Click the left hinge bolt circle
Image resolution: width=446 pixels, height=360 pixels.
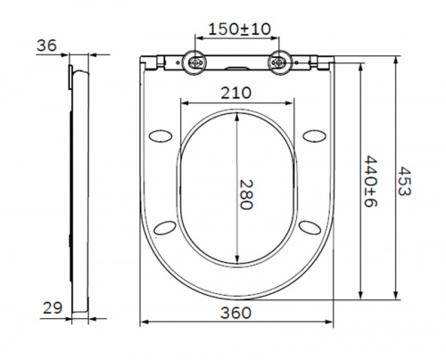pos(193,62)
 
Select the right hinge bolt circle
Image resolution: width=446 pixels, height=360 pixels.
pos(280,62)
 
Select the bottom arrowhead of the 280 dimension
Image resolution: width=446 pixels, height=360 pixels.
pos(236,266)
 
